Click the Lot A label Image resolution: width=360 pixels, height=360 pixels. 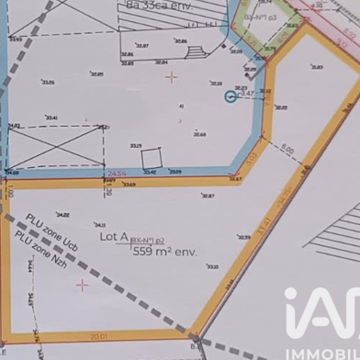pos(114,237)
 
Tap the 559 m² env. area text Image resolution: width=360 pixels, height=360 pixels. pos(164,251)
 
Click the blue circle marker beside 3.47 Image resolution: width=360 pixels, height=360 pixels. pos(231,96)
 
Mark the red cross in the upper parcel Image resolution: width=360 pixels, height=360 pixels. pos(171,77)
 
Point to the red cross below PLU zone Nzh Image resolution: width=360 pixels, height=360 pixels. pos(82,286)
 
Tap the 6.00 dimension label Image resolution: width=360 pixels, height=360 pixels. pos(287,149)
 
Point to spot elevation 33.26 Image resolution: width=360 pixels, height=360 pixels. pos(48,83)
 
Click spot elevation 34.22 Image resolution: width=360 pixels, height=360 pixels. pos(62,214)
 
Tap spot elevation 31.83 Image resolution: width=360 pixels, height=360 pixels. pos(317,67)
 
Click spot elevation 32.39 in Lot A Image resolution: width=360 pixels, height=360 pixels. pos(243,237)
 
